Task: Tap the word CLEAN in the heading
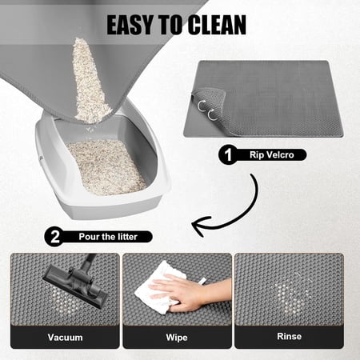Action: tap(217, 25)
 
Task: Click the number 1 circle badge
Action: tap(228, 154)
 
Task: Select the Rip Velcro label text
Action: tap(272, 155)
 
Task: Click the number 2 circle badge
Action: tap(54, 237)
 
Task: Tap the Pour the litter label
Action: tap(108, 237)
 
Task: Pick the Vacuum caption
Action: tap(66, 338)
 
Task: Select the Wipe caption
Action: tap(177, 338)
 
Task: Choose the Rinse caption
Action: tap(290, 336)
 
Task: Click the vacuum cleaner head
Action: tap(75, 286)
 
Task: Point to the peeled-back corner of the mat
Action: tap(210, 106)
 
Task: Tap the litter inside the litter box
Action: tap(106, 166)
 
